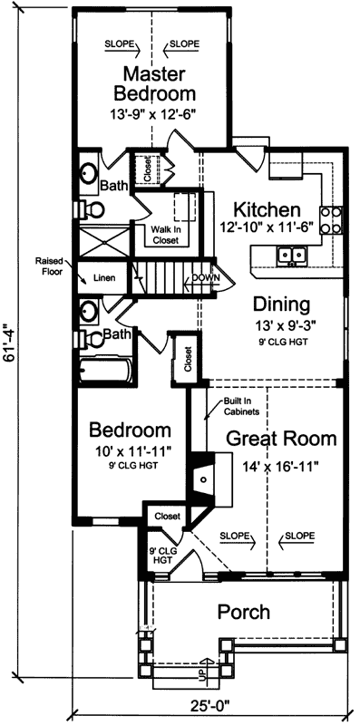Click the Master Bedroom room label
[x=154, y=82]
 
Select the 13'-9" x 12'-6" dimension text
[x=154, y=115]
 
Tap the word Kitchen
[x=267, y=208]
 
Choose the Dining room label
[x=281, y=304]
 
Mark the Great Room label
[x=281, y=440]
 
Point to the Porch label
[x=244, y=613]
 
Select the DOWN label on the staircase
[x=204, y=278]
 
